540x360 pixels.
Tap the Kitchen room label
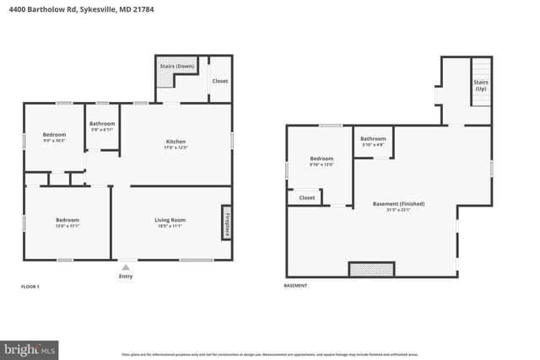[x=175, y=141]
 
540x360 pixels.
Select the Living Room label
[x=170, y=220]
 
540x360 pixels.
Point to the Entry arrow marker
[x=126, y=266]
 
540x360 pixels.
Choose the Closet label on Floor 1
[x=220, y=81]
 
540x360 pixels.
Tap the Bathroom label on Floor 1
[x=102, y=124]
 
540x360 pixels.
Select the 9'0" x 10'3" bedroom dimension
[x=55, y=140]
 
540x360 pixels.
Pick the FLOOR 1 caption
[x=30, y=287]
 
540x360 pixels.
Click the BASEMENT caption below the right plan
[x=295, y=286]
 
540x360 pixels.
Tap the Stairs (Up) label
[x=481, y=85]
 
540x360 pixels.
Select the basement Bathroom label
[x=373, y=138]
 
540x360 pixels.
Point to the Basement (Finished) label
[x=398, y=203]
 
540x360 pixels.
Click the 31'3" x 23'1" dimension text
[x=398, y=210]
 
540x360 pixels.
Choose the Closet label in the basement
[x=307, y=197]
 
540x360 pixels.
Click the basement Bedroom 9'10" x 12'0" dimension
[x=321, y=164]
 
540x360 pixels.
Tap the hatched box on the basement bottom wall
[x=371, y=270]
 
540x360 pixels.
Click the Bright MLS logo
[x=30, y=347]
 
